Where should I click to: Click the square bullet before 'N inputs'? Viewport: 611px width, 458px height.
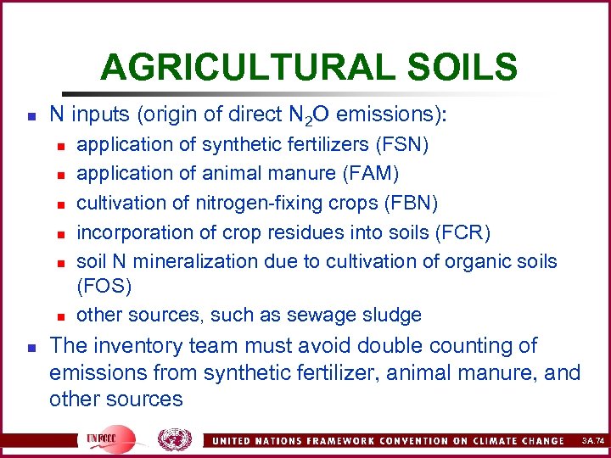tap(31, 113)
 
